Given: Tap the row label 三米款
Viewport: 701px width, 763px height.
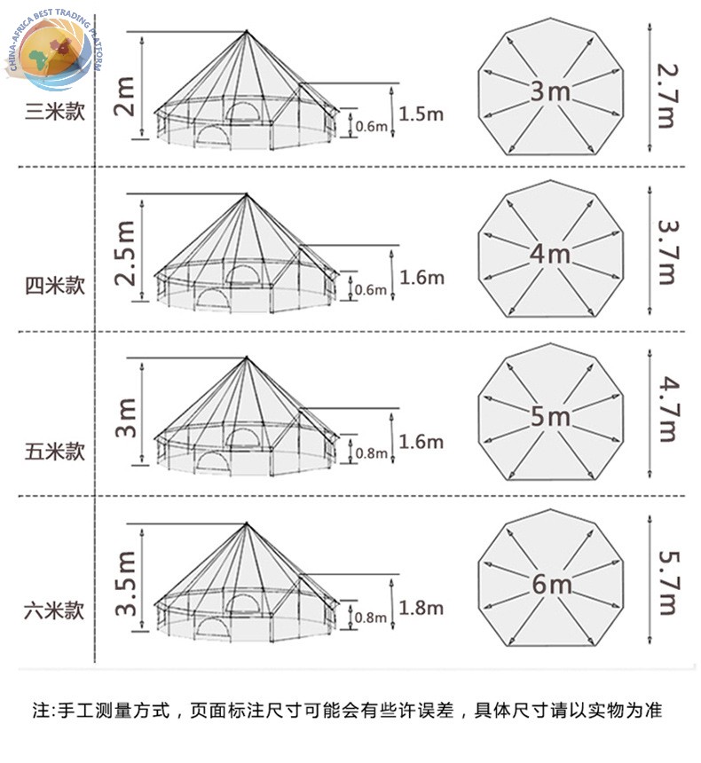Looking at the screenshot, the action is click(x=55, y=112).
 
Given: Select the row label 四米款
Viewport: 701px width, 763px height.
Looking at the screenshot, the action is click(x=55, y=285).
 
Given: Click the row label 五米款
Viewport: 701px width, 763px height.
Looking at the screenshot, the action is click(x=55, y=451).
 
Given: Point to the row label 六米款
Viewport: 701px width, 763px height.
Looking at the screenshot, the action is click(x=54, y=610).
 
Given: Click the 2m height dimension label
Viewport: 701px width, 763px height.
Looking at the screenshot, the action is click(x=123, y=96).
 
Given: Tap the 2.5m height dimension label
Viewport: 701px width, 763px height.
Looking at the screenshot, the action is click(x=124, y=253).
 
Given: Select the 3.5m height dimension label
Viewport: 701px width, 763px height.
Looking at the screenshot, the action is click(x=125, y=583).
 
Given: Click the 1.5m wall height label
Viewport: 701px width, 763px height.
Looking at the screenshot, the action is click(x=421, y=114).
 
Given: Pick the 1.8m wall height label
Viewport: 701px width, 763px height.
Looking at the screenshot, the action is click(x=421, y=608).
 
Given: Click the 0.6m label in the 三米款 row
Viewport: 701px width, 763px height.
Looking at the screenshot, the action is click(x=372, y=127).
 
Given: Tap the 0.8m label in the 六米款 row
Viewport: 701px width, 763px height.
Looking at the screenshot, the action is click(x=370, y=617).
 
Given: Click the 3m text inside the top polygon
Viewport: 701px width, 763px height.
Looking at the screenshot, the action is click(x=550, y=91).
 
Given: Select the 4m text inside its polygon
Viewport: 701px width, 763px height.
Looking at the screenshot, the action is click(x=550, y=254).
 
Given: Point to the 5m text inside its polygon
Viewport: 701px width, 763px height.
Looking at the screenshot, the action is click(x=550, y=416).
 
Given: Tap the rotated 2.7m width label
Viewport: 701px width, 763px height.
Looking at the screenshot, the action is click(x=666, y=96).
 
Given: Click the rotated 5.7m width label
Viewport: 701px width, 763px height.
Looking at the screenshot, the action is click(x=667, y=583).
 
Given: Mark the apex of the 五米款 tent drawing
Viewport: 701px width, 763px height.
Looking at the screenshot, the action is click(x=247, y=358).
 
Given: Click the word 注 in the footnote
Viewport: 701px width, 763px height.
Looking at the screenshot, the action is click(x=41, y=710).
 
